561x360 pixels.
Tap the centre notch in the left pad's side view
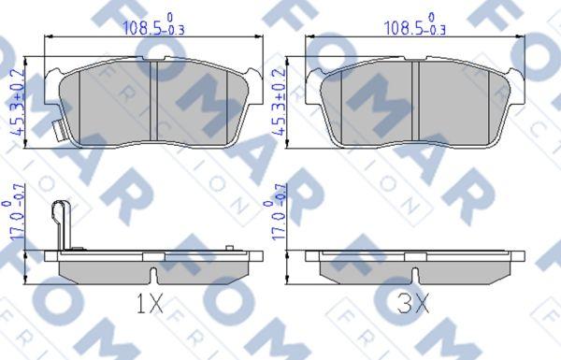(x=152, y=274)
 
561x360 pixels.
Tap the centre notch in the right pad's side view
(x=414, y=274)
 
